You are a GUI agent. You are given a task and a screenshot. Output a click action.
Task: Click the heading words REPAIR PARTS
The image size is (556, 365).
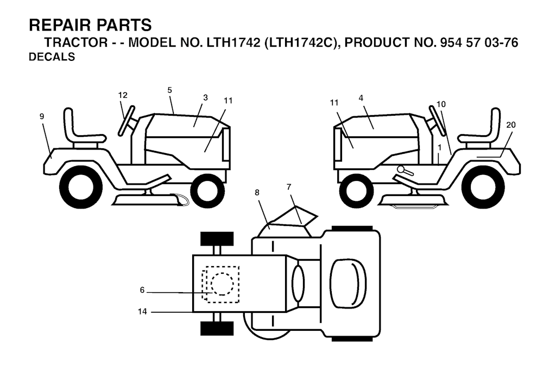[x=90, y=25]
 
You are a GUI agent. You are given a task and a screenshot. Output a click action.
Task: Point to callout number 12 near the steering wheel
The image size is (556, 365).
[x=123, y=95]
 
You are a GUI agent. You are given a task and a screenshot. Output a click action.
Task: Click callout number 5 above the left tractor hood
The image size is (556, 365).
[x=169, y=90]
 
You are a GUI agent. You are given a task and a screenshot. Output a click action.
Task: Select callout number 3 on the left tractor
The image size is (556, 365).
[x=205, y=98]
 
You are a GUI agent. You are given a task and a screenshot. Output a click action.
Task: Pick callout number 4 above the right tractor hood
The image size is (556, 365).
[x=361, y=98]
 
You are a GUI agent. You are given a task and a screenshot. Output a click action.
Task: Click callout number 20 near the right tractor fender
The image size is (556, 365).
[x=510, y=125]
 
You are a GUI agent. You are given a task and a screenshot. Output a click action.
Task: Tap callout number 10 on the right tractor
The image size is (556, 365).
[x=441, y=104]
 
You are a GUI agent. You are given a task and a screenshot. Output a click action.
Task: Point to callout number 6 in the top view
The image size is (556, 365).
[x=142, y=290]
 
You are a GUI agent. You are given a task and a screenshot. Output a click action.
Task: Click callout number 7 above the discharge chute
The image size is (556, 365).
[x=289, y=187]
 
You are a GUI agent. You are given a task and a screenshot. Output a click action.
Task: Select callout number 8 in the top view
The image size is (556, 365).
[x=257, y=192]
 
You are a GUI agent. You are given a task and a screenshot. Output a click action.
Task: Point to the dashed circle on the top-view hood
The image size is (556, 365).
[x=222, y=284]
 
